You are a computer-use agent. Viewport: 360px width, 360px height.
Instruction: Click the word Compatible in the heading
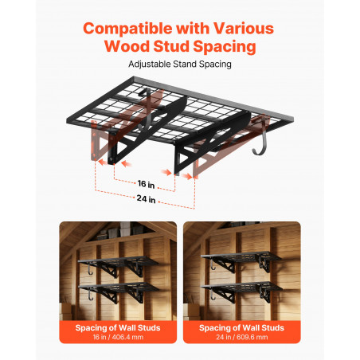tap(127, 29)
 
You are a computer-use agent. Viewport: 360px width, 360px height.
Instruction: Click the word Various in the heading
tap(244, 28)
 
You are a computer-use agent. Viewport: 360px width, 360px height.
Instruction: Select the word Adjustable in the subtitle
tap(150, 65)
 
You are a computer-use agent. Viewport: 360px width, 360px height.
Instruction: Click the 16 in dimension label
tap(146, 184)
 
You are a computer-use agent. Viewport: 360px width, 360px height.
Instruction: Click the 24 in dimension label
tap(146, 198)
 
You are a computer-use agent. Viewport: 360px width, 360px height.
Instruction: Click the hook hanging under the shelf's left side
tap(145, 109)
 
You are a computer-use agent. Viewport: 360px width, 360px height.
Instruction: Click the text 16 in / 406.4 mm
tap(118, 337)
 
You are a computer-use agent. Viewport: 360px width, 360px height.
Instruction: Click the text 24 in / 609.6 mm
tap(242, 337)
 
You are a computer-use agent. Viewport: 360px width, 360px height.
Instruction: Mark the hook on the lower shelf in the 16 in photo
tap(89, 295)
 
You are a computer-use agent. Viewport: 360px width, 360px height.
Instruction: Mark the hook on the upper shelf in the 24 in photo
tap(212, 264)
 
